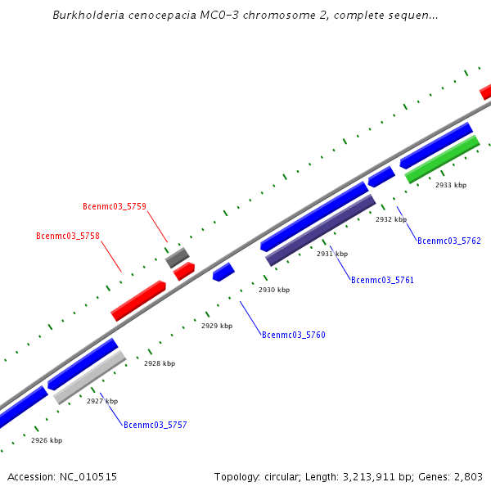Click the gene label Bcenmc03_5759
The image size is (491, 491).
click(x=115, y=206)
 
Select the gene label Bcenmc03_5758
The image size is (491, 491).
click(x=68, y=236)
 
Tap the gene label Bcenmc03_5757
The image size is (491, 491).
click(x=155, y=425)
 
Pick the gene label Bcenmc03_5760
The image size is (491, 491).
click(x=294, y=335)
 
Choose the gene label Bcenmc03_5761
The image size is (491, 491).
click(x=382, y=280)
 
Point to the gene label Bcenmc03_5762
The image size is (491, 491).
click(x=449, y=241)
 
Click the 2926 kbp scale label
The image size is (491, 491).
click(x=47, y=440)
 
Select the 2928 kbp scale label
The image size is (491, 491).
click(x=160, y=363)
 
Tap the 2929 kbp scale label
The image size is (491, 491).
click(x=217, y=326)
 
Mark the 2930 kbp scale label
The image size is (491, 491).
click(x=274, y=290)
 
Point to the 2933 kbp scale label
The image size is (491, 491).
click(x=451, y=185)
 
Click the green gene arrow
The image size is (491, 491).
click(x=442, y=160)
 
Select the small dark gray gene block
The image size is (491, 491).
click(x=178, y=258)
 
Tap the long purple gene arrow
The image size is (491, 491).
click(x=321, y=229)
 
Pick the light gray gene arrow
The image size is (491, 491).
click(x=90, y=376)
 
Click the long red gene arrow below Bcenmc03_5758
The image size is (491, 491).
click(x=138, y=300)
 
